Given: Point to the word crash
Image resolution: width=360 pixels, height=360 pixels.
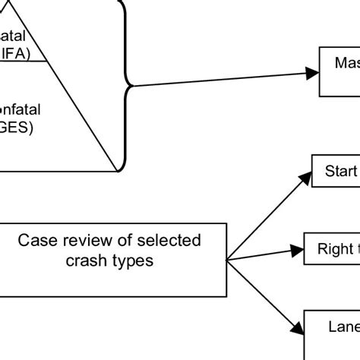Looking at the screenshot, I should [87, 260].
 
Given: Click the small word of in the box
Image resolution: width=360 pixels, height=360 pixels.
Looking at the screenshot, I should [125, 242].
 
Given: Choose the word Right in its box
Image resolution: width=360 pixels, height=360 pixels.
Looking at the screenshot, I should [337, 248].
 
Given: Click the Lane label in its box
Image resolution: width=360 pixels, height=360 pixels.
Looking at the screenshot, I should [343, 327].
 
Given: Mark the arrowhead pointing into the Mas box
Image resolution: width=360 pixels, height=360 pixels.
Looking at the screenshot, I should [311, 73].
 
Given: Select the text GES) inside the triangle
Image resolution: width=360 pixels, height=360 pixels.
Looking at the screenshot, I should [18, 127].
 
